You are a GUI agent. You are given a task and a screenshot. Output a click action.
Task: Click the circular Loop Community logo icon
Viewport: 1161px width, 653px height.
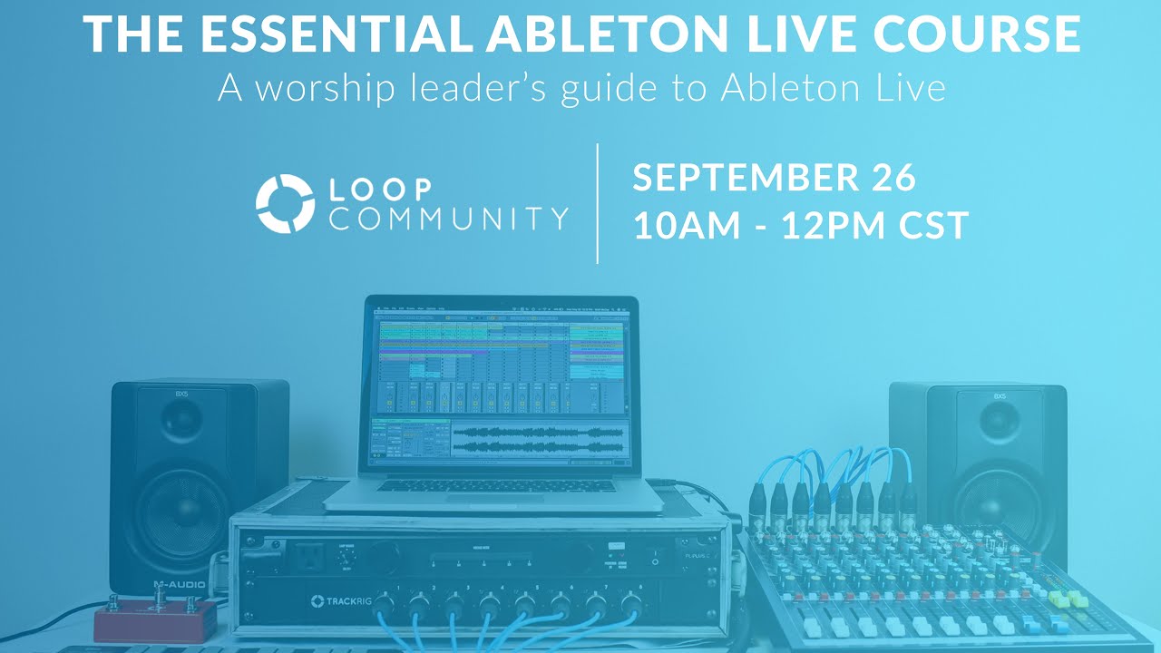(x=285, y=203)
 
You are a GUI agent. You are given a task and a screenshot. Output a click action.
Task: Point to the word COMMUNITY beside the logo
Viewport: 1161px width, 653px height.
(x=449, y=219)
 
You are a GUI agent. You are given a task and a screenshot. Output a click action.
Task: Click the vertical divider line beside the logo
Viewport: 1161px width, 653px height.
(x=597, y=203)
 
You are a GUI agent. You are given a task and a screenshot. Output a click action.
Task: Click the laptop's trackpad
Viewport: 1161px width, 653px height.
(x=495, y=496)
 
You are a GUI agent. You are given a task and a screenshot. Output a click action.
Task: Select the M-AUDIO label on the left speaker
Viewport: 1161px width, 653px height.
(x=179, y=584)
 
